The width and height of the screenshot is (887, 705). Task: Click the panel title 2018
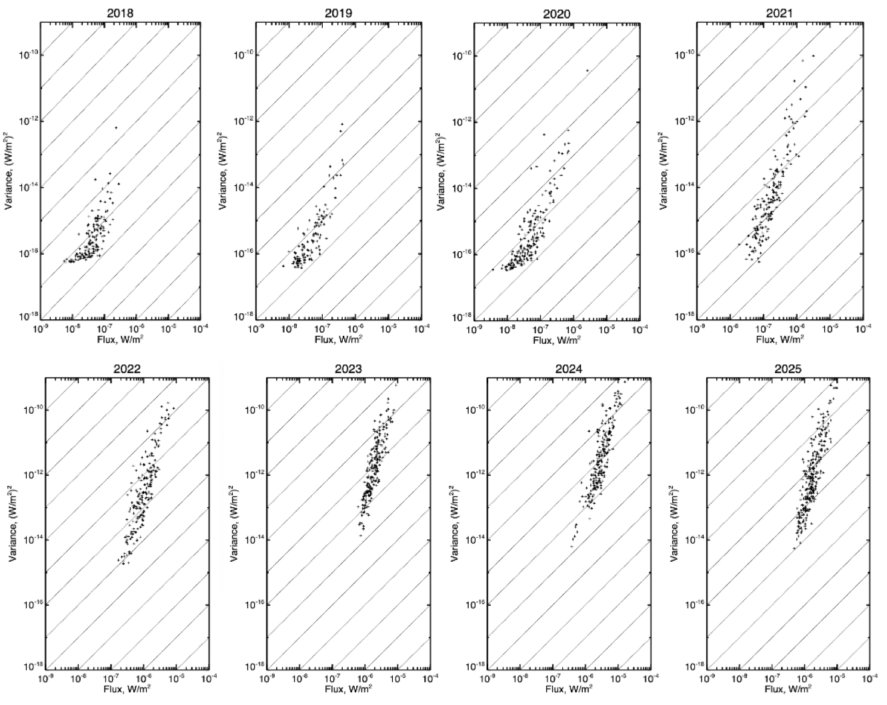[x=120, y=13]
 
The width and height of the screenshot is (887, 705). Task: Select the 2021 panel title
[x=779, y=13]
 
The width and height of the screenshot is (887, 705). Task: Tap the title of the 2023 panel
[x=348, y=368]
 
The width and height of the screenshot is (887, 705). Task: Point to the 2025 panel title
[x=788, y=368]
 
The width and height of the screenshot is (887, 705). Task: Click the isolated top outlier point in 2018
[x=116, y=128]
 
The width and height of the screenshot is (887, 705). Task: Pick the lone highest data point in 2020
[x=588, y=71]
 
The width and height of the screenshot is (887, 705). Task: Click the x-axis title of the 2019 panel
[x=339, y=340]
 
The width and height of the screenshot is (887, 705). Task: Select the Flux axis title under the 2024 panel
[x=569, y=688]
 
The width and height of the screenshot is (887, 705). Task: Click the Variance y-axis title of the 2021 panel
[x=664, y=171]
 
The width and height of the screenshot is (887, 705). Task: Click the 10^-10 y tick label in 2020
[x=462, y=55]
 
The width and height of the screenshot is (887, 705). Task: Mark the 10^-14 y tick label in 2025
[x=695, y=540]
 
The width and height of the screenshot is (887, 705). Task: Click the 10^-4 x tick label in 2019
[x=421, y=329]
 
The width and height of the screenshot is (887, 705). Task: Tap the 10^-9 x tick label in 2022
[x=45, y=678]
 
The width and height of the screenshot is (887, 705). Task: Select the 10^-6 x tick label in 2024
[x=586, y=678]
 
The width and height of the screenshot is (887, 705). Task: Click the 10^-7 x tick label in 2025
[x=772, y=678]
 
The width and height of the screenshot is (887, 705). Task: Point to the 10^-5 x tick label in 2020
[x=606, y=329]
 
